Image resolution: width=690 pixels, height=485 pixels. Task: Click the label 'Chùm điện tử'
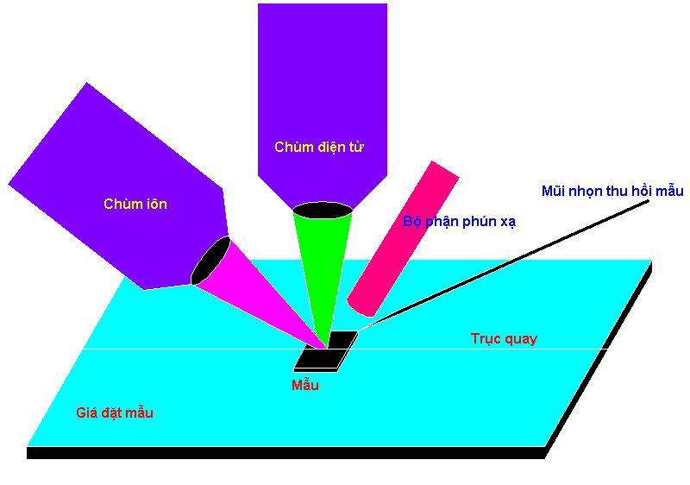(x=319, y=147)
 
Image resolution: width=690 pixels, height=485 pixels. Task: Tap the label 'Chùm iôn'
(x=135, y=204)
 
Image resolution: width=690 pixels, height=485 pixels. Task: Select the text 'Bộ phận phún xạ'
(x=459, y=222)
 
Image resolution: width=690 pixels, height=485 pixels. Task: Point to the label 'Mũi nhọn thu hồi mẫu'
(x=612, y=191)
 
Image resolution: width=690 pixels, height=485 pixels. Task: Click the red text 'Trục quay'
(x=505, y=338)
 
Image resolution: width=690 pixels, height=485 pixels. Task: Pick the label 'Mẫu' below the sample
(x=305, y=385)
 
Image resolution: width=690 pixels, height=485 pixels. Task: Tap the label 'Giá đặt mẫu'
(x=115, y=413)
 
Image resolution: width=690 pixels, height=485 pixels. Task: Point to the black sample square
(x=326, y=351)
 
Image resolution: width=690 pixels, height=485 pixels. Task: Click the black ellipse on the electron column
(x=323, y=211)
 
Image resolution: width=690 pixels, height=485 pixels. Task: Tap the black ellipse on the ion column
(x=210, y=261)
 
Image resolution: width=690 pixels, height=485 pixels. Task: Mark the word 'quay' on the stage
(x=521, y=339)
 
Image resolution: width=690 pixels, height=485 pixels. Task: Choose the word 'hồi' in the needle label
(x=643, y=191)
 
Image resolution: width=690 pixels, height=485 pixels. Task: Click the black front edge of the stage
(x=286, y=453)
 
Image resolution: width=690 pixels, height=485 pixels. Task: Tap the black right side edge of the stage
(x=599, y=360)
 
